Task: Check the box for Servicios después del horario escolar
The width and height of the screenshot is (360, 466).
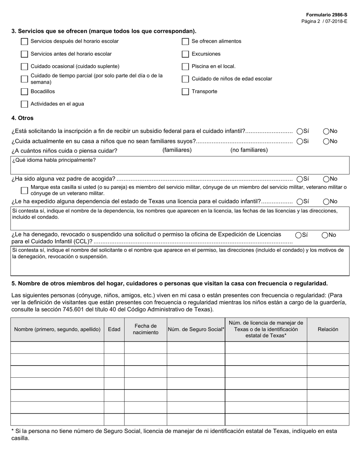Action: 24,41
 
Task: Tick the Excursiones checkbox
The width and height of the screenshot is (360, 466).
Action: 185,54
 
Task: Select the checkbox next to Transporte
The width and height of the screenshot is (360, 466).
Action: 185,92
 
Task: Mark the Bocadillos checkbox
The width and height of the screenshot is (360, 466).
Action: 24,92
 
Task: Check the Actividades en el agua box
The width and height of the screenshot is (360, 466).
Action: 24,104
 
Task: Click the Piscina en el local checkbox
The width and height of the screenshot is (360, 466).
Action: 185,67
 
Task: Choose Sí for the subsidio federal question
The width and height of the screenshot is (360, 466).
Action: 300,131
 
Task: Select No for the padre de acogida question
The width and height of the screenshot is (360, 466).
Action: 326,179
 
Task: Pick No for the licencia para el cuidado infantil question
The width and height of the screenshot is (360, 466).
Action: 326,202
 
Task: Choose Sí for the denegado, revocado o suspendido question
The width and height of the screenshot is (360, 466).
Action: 299,235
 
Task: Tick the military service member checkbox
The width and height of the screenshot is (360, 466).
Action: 24,190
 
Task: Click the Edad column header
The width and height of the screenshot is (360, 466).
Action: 114,330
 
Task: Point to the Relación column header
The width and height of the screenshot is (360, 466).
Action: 328,330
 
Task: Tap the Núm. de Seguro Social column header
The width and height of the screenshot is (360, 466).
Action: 196,330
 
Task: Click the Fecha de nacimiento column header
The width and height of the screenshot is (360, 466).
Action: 146,330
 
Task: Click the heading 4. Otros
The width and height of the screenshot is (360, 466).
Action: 22,118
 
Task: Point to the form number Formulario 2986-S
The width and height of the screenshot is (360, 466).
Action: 327,15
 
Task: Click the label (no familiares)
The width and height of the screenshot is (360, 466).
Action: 249,150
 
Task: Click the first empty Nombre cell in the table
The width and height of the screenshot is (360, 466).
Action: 57,347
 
